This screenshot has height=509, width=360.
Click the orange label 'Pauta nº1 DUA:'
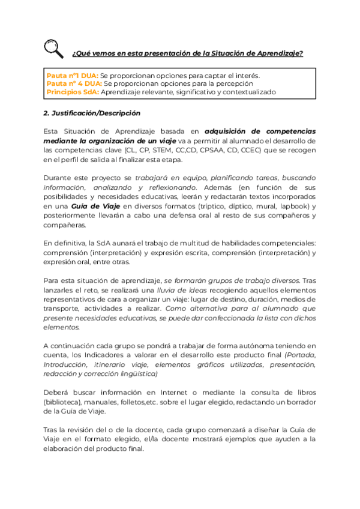coord(73,76)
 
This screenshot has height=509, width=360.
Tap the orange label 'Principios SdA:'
coord(73,92)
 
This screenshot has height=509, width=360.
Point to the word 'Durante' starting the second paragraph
coord(58,178)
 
